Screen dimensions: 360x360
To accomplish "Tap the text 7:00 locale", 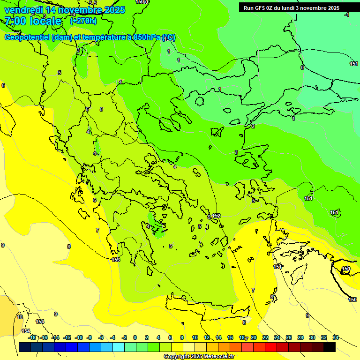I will click(x=33, y=21).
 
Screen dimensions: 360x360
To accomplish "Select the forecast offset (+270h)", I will click(x=83, y=21).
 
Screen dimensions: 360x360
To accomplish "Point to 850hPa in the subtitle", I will click(x=145, y=37).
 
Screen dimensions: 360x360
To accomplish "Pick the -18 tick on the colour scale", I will click(x=32, y=337).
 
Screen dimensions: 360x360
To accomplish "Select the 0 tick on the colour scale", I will click(x=135, y=337).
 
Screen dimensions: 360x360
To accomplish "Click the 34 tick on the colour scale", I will click(x=336, y=337).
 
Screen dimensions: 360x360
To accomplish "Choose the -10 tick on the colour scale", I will click(x=79, y=337).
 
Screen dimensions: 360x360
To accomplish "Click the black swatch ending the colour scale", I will click(x=330, y=347).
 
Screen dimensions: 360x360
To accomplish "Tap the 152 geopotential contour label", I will click(x=216, y=216).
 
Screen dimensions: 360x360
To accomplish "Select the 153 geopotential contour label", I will click(x=116, y=260).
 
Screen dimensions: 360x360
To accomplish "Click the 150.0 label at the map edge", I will click(x=141, y=2).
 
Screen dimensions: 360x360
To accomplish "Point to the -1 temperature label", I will click(x=346, y=15).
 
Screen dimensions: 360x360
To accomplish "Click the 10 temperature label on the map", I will click(x=20, y=317).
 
